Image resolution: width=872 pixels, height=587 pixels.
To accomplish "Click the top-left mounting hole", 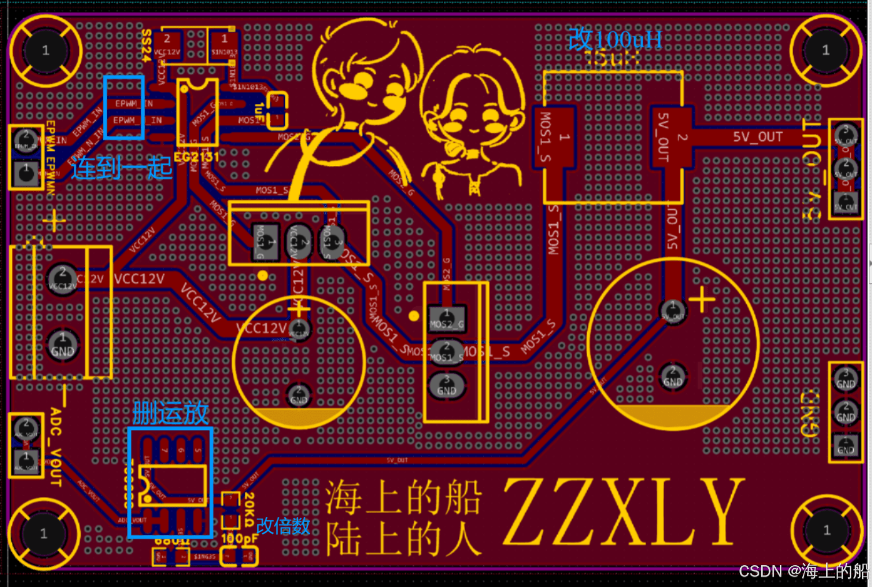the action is point(45,50).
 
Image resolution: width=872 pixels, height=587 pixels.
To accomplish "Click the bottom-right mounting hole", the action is point(826,530).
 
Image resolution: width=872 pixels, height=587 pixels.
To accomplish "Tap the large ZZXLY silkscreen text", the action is point(624,512).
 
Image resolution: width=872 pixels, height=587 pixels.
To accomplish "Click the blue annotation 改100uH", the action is point(615,40).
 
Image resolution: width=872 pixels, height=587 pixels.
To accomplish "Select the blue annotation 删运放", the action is point(170,414).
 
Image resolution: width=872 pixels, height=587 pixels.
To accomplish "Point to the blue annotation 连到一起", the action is point(122,168).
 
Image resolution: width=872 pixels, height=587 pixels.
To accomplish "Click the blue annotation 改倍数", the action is point(283,526).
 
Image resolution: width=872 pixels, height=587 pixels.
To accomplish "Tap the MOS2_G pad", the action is point(446,319).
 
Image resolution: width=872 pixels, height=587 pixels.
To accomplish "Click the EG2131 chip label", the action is point(196,157).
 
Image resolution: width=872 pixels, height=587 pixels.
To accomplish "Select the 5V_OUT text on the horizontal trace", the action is point(757,137).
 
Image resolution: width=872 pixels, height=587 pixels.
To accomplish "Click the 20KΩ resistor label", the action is point(249,510).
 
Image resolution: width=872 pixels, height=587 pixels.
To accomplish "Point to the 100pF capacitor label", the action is point(239,539).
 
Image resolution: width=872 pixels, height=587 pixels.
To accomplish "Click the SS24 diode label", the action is point(147,45).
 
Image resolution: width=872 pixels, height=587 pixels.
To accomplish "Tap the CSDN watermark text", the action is point(803,571).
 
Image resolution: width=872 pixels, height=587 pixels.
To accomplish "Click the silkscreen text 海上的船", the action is point(403,498).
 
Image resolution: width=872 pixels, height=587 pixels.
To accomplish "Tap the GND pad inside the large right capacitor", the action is point(672,376).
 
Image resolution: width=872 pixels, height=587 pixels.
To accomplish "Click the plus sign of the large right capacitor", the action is point(702,300).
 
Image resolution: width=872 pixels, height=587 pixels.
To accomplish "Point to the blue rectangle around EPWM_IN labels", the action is point(124,108).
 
